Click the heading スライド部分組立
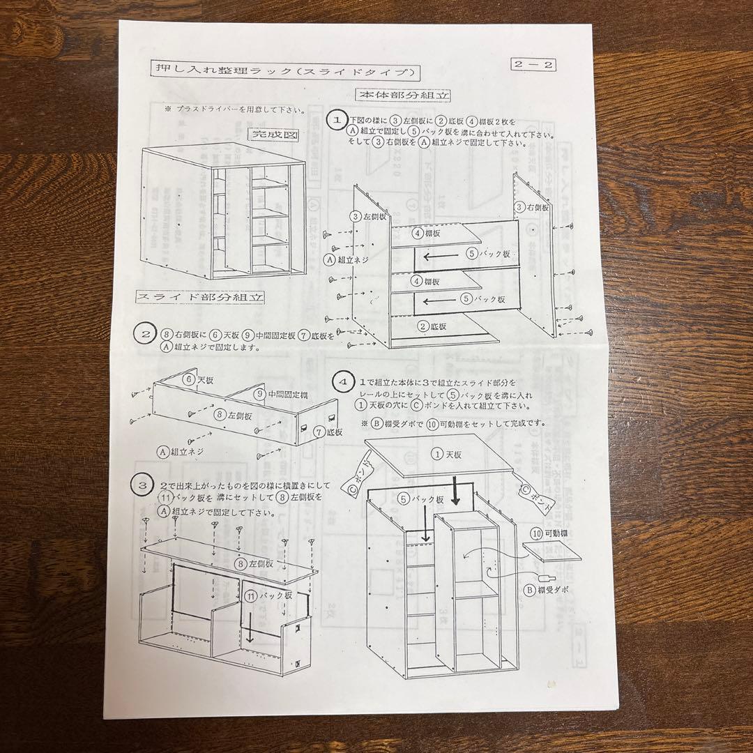click(x=200, y=297)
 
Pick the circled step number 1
click(x=337, y=120)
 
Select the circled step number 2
click(x=144, y=333)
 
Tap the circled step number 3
click(x=142, y=483)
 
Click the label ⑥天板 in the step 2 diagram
click(x=199, y=381)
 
